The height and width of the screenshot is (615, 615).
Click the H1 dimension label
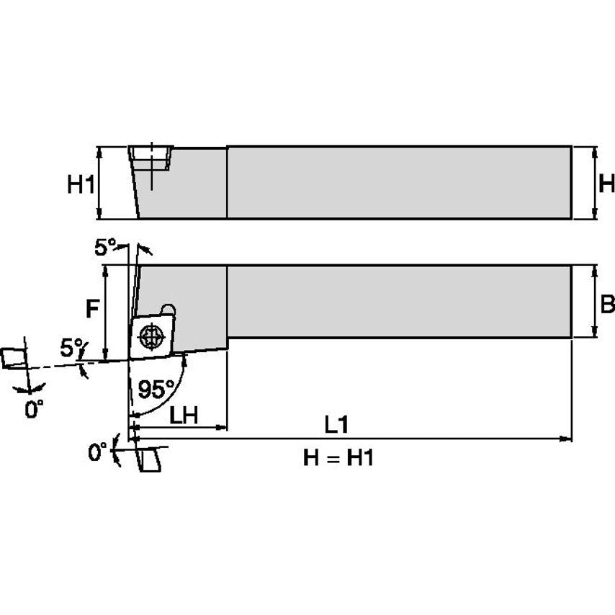tap(81, 185)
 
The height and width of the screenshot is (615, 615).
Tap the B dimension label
tap(607, 304)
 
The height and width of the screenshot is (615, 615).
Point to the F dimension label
tap(91, 310)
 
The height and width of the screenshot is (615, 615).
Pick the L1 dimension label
tap(336, 425)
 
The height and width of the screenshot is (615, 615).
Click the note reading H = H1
tap(338, 458)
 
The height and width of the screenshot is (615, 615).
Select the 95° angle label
tap(155, 390)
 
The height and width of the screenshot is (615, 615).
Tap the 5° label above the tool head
tap(104, 247)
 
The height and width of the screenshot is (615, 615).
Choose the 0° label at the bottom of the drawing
tap(97, 453)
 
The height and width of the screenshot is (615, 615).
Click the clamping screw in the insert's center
tap(151, 336)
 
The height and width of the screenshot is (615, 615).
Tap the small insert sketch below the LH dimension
tap(150, 459)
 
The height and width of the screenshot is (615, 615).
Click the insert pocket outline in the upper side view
tap(151, 158)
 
